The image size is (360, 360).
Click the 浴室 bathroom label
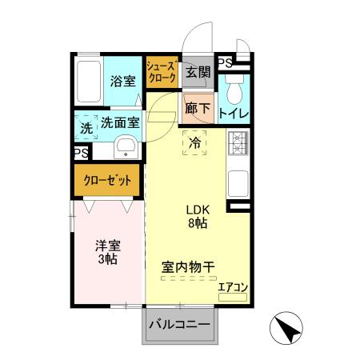pyautogui.click(x=122, y=81)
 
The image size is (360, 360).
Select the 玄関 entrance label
pyautogui.click(x=198, y=72)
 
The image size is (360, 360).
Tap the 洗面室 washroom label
pyautogui.click(x=120, y=123)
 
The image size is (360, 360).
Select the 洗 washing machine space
pyautogui.click(x=86, y=126)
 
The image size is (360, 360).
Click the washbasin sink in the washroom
pyautogui.click(x=126, y=147)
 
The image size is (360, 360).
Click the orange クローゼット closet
pyautogui.click(x=109, y=180)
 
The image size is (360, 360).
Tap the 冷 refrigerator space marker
pyautogui.click(x=194, y=143)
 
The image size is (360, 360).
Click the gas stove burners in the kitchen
pyautogui.click(x=238, y=142)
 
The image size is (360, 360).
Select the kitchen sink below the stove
pyautogui.click(x=238, y=183)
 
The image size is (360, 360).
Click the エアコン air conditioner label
pyautogui.click(x=234, y=287)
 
